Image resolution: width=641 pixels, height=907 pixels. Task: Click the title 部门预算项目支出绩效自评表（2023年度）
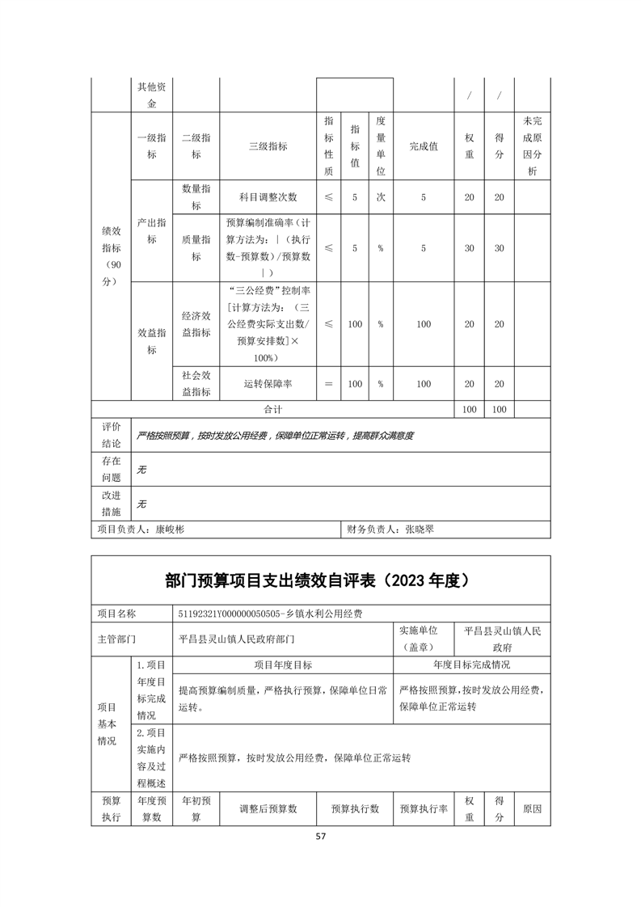320,580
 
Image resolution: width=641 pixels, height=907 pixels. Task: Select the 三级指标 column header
268,146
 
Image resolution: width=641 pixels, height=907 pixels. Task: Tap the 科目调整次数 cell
268,197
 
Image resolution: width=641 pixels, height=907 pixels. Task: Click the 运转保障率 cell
268,384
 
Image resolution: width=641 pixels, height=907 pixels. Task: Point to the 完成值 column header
424,146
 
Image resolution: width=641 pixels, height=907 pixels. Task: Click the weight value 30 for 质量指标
469,248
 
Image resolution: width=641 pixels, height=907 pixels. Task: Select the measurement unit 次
380,197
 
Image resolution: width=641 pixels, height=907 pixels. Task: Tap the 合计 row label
268,410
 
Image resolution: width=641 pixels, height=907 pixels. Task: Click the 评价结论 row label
112,435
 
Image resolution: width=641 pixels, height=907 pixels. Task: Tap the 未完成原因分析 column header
532,146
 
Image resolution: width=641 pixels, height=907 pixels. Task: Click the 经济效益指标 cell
196,324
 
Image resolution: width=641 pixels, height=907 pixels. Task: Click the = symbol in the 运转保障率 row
328,384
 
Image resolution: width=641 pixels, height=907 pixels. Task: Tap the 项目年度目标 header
283,664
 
